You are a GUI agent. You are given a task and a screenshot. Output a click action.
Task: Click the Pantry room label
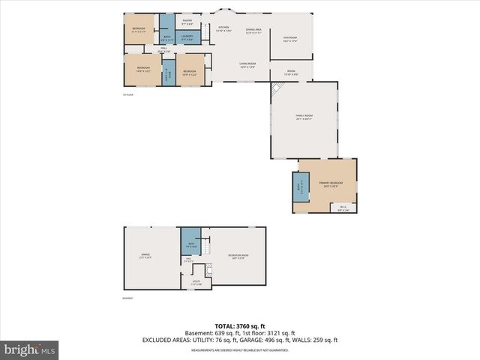coord(187,22)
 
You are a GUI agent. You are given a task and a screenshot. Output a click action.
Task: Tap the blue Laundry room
coord(187,37)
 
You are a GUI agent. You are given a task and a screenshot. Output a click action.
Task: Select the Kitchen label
coord(223,28)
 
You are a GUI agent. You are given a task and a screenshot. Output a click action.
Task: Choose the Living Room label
coord(247,65)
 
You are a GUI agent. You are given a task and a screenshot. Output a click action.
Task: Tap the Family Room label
coord(304,116)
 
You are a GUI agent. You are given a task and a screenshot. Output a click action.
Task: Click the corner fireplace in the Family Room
coord(277,88)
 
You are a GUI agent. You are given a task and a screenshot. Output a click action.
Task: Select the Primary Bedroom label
coord(326,184)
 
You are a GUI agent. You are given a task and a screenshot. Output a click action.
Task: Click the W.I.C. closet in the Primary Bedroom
coord(343,208)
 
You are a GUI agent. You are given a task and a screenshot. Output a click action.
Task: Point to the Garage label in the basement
coord(145,256)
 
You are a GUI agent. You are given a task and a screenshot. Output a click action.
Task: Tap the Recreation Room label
coord(239,256)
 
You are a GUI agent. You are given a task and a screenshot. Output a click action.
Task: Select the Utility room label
coord(196,283)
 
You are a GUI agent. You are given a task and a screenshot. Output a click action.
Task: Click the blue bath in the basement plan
coord(191,243)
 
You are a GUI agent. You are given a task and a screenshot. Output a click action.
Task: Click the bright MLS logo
coord(29,350)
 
